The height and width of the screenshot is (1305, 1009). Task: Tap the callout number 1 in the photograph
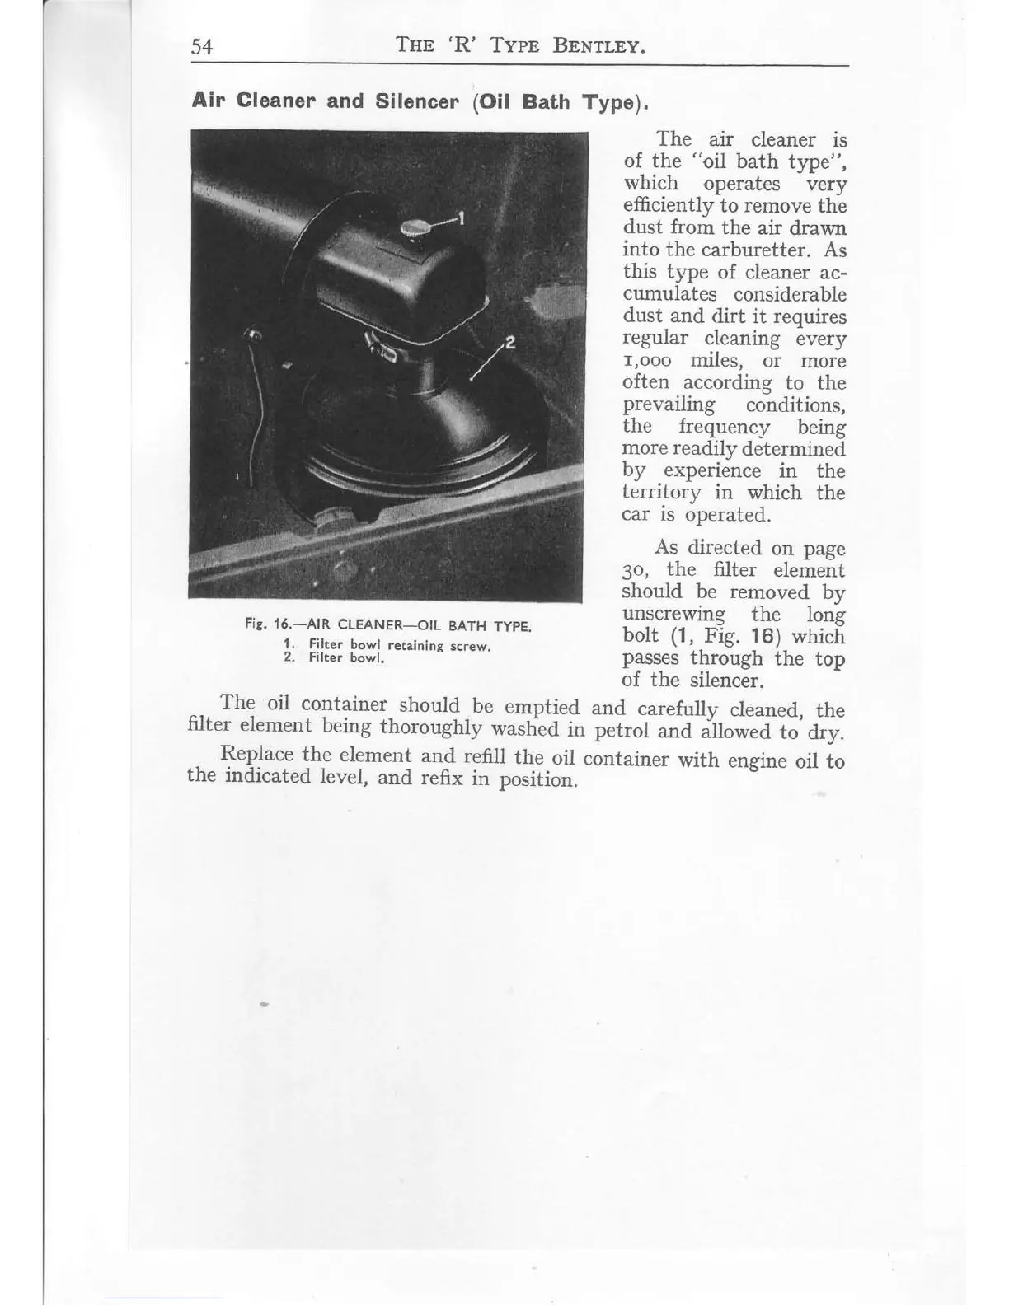point(462,218)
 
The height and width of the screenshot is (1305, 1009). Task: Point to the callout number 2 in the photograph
point(509,344)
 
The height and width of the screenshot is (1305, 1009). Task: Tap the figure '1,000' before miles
point(651,362)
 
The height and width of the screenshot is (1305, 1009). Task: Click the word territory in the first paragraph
point(663,493)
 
